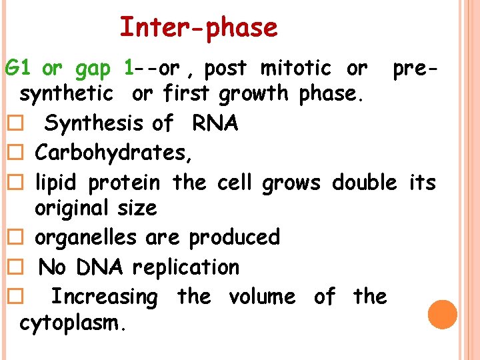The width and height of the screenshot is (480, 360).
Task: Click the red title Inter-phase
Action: [x=198, y=28]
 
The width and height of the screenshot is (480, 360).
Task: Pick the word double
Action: [x=364, y=181]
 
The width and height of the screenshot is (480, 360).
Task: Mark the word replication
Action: [x=185, y=267]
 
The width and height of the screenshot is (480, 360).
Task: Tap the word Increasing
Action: [x=104, y=296]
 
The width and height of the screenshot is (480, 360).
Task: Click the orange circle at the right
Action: [x=443, y=315]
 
